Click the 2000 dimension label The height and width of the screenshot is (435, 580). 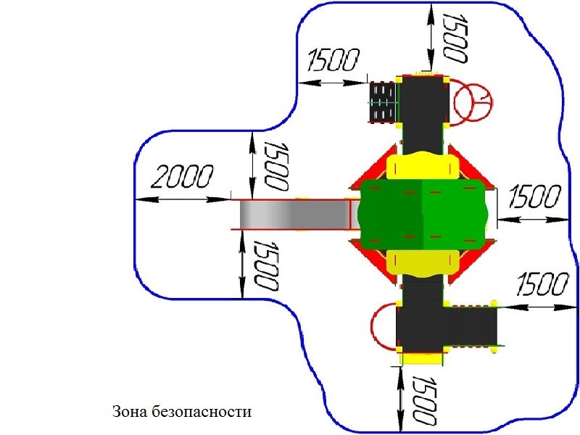click(x=183, y=176)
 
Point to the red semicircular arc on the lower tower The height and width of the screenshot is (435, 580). click(x=384, y=326)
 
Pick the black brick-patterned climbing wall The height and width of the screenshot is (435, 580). click(x=383, y=101)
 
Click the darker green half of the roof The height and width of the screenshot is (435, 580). click(x=390, y=215)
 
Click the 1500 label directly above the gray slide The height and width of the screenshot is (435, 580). click(x=275, y=165)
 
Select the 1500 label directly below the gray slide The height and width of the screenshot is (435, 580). click(x=266, y=265)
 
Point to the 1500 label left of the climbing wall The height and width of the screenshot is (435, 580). click(x=333, y=60)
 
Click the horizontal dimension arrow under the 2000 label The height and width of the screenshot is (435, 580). click(x=183, y=200)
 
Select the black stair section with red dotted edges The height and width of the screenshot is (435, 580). click(x=473, y=326)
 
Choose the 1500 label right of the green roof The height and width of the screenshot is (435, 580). click(x=534, y=196)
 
